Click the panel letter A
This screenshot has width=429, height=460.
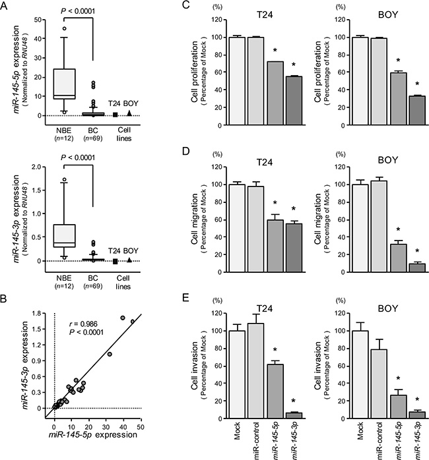coord(6,6)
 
